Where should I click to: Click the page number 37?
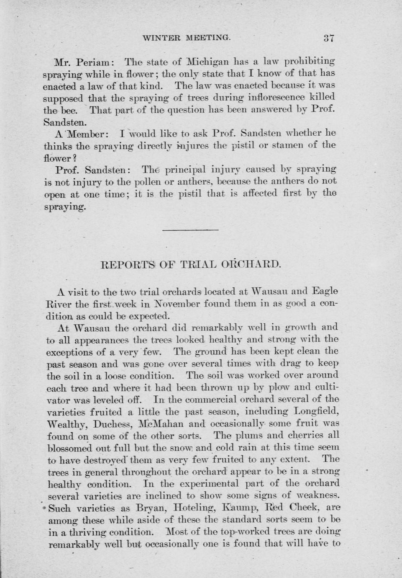click(x=328, y=38)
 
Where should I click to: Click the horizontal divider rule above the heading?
click(x=190, y=230)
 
